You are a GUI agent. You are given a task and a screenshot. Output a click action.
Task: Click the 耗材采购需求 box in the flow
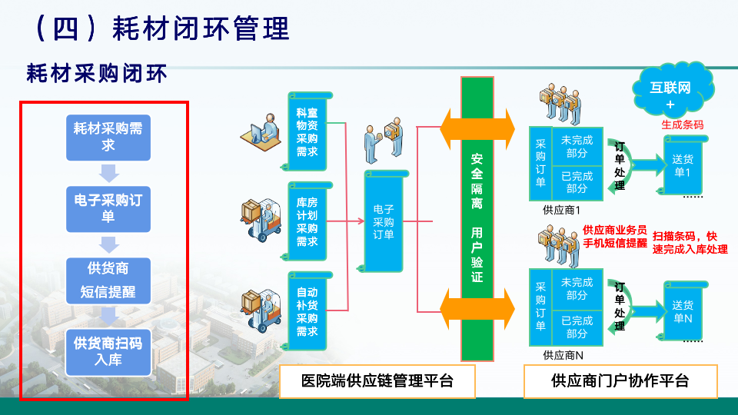click(108, 138)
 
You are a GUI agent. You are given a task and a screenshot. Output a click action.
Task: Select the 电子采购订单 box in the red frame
click(108, 209)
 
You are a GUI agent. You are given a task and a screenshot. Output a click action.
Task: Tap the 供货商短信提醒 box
click(108, 281)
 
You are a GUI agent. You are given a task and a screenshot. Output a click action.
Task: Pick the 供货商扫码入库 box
click(108, 352)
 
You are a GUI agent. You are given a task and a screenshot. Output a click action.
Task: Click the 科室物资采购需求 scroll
click(307, 131)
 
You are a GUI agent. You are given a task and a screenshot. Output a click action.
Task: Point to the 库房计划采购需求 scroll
click(307, 221)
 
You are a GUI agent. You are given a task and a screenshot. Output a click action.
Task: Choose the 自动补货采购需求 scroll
click(307, 311)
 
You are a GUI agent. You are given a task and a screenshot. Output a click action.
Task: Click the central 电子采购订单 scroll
click(384, 221)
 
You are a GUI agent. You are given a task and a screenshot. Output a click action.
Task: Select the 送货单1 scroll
click(683, 165)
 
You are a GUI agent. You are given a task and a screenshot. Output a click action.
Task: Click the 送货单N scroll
click(683, 311)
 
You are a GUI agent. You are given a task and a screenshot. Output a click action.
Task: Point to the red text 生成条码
click(682, 124)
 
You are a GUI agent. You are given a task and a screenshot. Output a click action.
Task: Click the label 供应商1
click(561, 210)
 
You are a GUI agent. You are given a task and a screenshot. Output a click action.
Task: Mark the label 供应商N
click(563, 355)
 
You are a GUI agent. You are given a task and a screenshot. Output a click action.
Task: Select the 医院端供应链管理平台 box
click(377, 381)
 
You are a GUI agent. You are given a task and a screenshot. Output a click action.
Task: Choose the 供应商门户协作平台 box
click(620, 381)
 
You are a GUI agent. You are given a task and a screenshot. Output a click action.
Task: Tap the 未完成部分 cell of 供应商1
click(577, 146)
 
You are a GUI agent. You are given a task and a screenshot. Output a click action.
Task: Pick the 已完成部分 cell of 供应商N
click(577, 327)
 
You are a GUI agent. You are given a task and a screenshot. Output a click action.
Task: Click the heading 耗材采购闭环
click(97, 74)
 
